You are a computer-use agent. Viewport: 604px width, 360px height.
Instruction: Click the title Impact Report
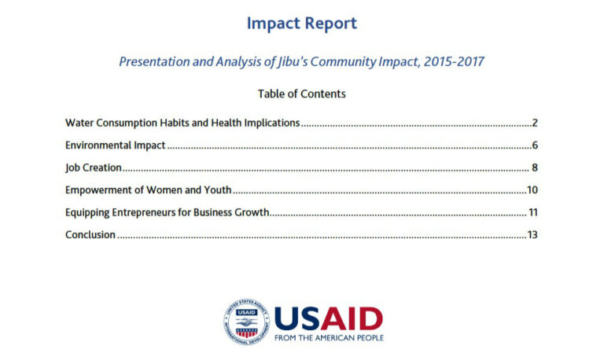point(302,24)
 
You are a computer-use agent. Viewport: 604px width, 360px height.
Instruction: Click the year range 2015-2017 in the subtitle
point(454,61)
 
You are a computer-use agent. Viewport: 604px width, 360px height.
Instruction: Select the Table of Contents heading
point(302,94)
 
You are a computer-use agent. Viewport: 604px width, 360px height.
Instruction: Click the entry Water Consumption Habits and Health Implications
point(182,123)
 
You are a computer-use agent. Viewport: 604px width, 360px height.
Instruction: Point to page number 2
point(535,123)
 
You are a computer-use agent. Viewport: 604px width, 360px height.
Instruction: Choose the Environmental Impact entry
point(115,145)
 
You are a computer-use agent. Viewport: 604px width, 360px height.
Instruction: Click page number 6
point(535,145)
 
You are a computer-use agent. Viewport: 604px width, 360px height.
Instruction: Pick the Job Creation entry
point(94,167)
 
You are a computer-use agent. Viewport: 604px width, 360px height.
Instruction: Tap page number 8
point(535,167)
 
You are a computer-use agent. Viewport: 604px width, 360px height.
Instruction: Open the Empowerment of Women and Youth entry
point(149,189)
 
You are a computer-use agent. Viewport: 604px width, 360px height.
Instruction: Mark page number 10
point(532,189)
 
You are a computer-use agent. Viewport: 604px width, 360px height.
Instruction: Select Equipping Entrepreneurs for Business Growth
point(168,212)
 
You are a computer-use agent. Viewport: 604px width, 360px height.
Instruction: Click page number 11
point(533,212)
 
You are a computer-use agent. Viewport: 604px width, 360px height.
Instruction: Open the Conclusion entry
point(90,235)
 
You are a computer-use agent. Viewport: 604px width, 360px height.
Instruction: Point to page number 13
point(532,235)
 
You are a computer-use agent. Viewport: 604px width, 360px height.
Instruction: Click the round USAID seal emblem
point(246,321)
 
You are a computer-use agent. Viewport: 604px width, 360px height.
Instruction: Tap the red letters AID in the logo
point(352,319)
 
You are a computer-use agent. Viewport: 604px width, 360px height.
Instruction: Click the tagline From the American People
point(329,338)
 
